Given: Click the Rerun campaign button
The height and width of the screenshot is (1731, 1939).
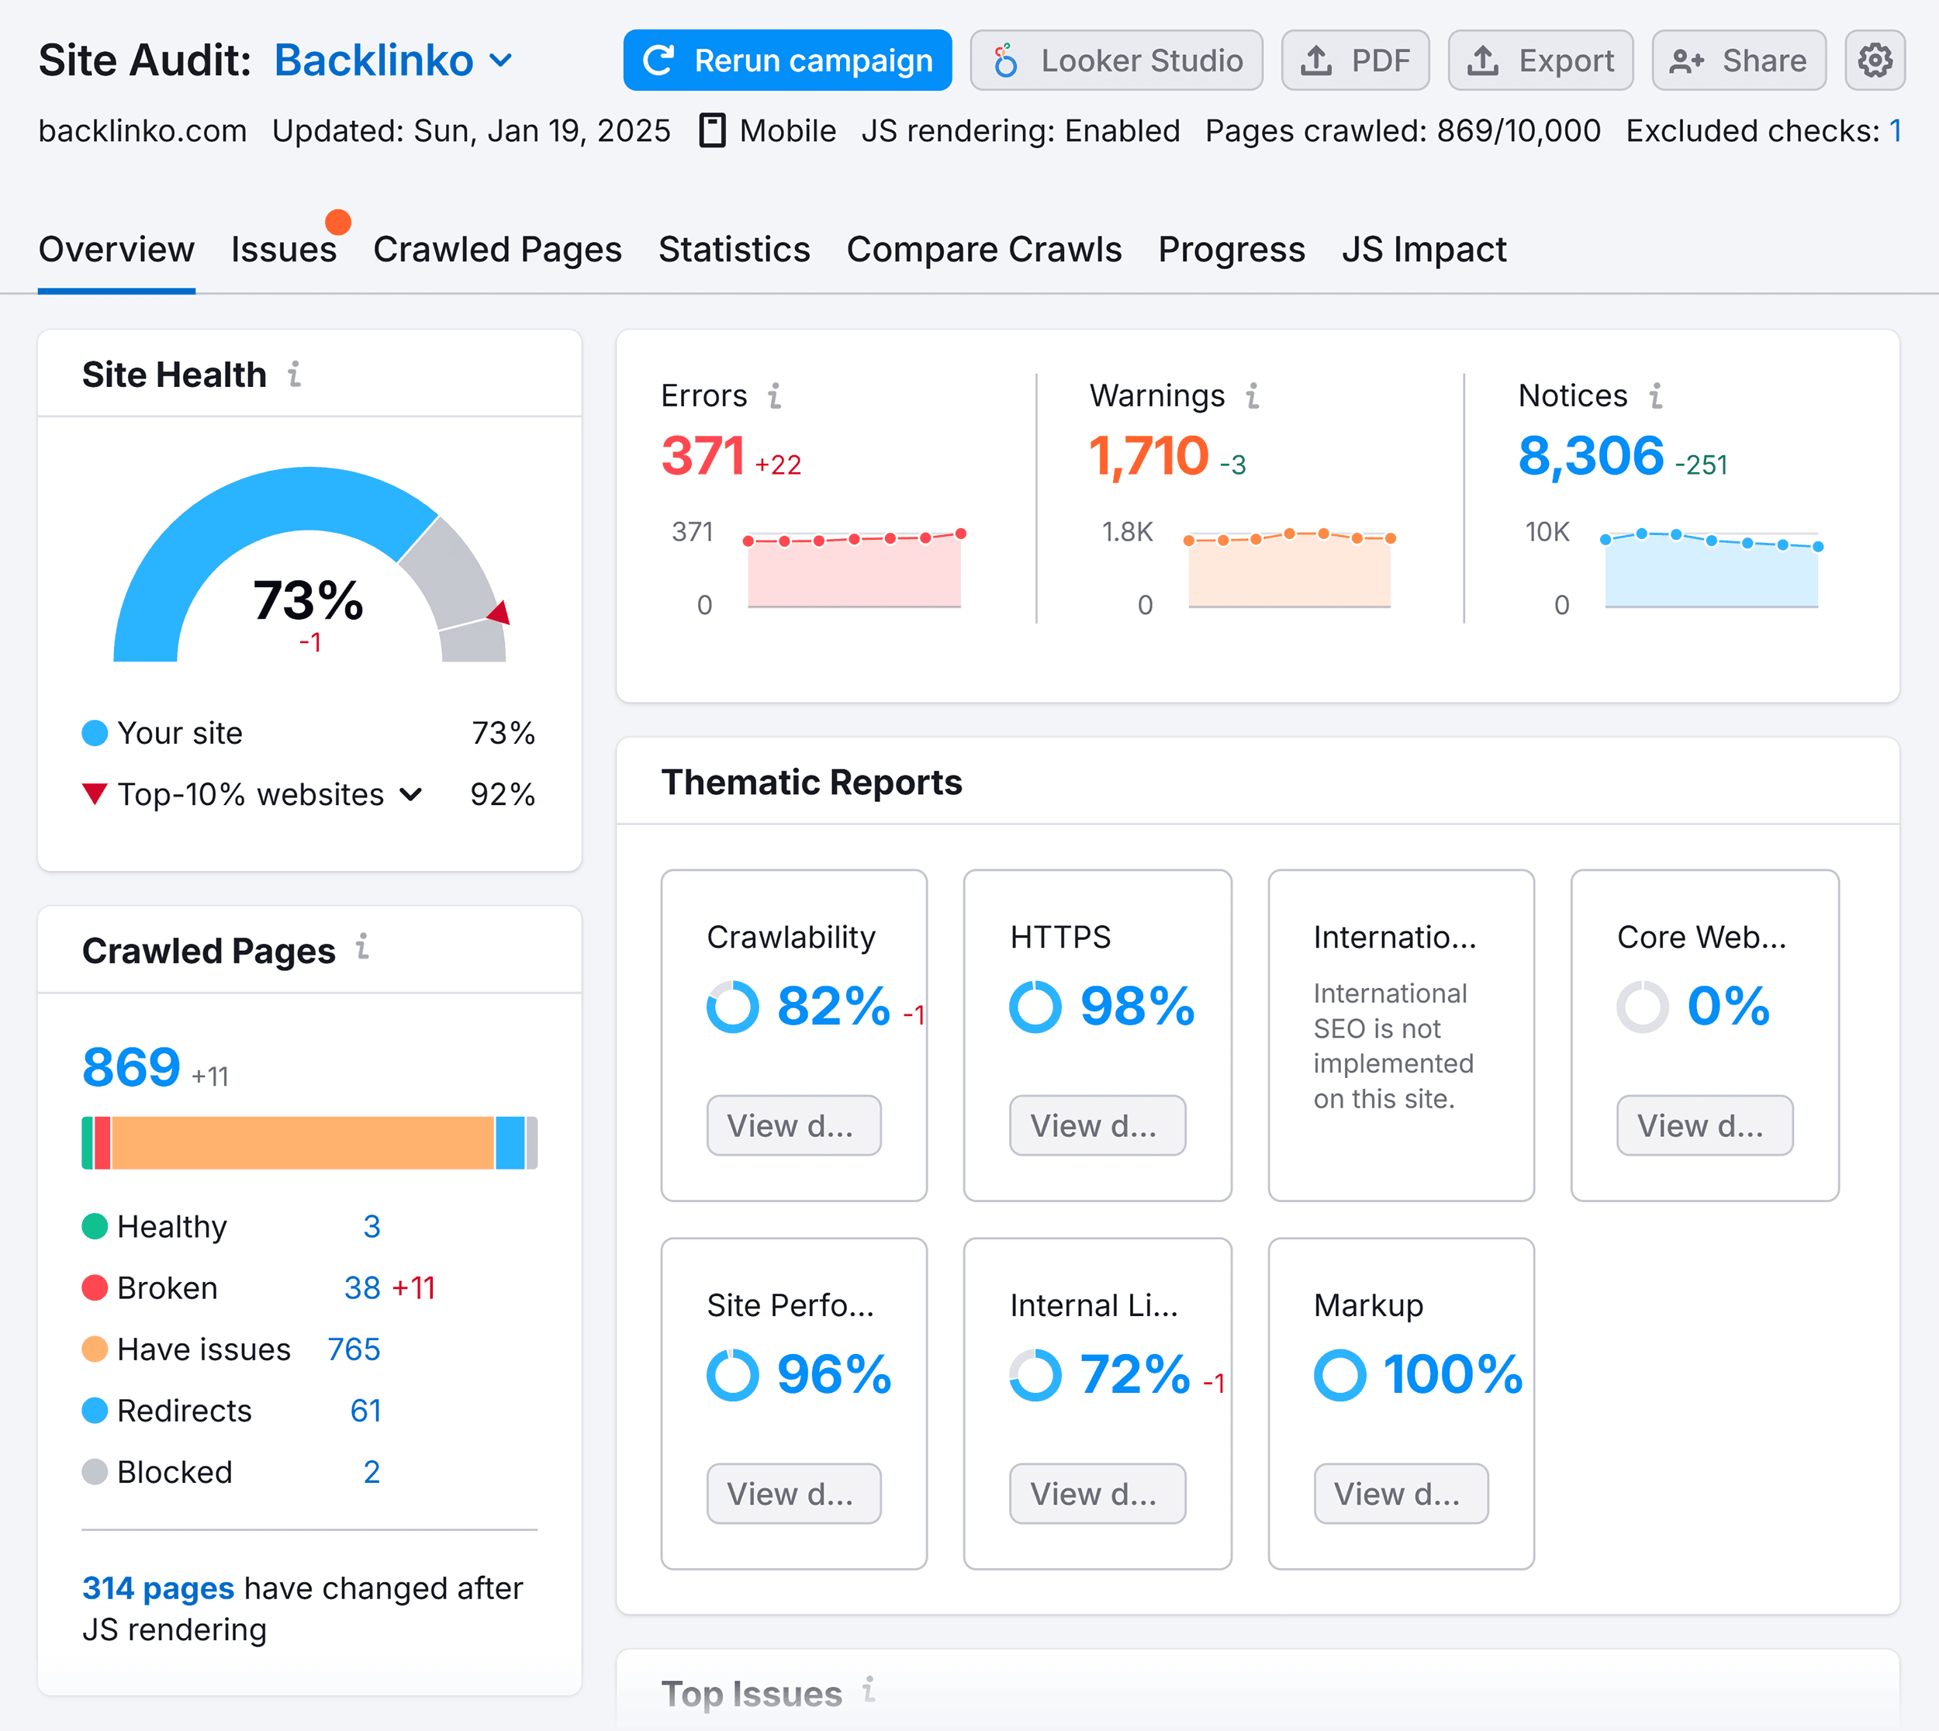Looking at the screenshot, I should [x=786, y=60].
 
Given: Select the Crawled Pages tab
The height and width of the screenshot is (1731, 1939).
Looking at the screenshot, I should [x=496, y=249].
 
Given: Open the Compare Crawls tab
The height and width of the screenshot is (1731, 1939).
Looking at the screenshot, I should [x=983, y=249].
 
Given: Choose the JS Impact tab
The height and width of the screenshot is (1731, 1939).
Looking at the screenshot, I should [x=1422, y=249].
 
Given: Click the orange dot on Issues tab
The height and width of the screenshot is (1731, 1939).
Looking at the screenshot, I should [x=337, y=222].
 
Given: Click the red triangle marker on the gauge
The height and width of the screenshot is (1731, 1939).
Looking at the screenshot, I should [x=499, y=613].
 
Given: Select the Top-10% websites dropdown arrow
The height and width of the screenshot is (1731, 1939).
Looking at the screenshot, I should [x=411, y=794].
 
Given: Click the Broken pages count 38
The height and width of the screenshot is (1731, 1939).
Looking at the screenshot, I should [x=362, y=1288].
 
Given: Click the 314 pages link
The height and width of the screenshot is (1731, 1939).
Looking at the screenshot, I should [x=158, y=1588].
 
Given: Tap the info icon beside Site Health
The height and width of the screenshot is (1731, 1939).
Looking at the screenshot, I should [x=295, y=374].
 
